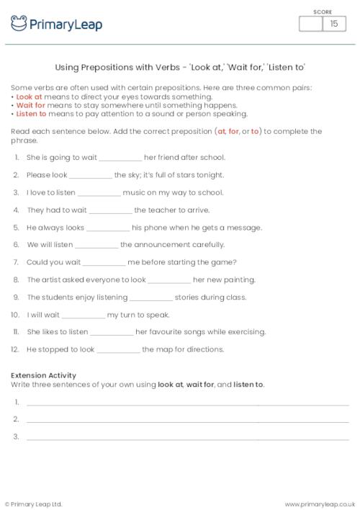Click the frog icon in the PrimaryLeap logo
click(19, 24)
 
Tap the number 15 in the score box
click(333, 24)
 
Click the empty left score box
click(311, 24)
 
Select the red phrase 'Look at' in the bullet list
click(28, 97)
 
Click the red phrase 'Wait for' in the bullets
click(30, 105)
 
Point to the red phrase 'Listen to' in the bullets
click(31, 114)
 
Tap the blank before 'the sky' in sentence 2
click(91, 175)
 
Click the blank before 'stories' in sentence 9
click(151, 297)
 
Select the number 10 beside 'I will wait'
click(14, 315)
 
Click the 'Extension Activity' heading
click(44, 375)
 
